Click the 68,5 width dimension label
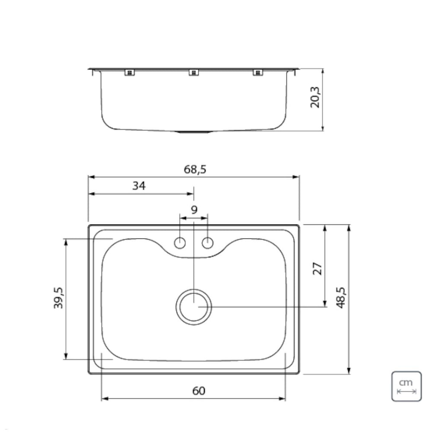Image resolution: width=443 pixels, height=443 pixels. (x=195, y=169)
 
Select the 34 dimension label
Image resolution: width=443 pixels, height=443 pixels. (x=139, y=186)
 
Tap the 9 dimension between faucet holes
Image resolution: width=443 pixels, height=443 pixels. (x=194, y=210)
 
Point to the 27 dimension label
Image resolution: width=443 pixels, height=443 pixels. (x=318, y=268)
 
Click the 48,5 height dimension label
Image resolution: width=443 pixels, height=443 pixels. (x=341, y=298)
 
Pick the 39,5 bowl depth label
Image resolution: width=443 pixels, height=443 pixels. (x=59, y=298)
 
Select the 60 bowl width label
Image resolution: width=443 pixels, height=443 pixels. (x=199, y=391)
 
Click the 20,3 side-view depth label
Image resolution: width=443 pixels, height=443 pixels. (x=315, y=97)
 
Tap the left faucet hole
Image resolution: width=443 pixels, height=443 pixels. (x=180, y=243)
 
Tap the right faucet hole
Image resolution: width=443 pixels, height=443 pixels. (x=208, y=243)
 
